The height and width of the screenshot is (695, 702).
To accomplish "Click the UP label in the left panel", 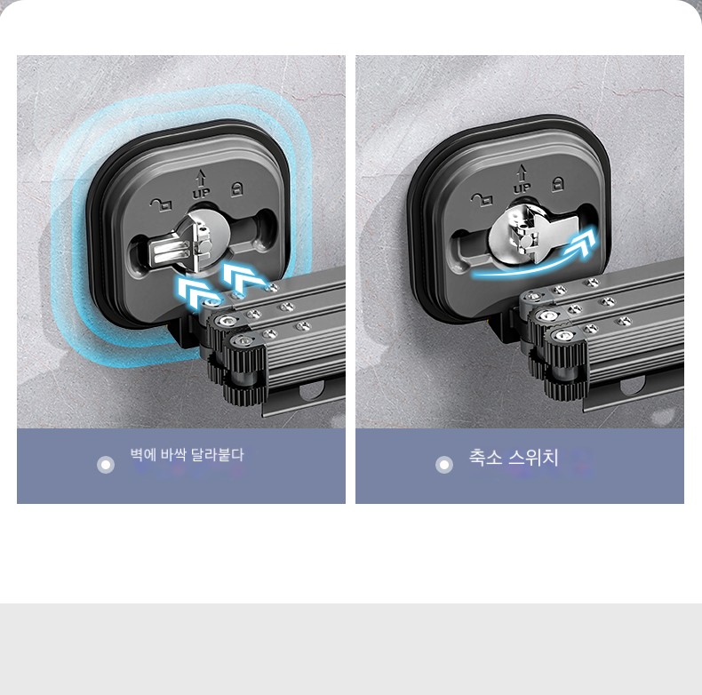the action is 201,193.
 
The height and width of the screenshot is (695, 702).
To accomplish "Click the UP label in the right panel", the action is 521,188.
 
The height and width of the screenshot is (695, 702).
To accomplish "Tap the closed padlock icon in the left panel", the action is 236,189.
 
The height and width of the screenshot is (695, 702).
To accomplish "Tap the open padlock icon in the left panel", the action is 161,204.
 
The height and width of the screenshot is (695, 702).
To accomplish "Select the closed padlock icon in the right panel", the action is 557,183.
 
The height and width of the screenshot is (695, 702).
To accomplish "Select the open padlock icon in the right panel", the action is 482,199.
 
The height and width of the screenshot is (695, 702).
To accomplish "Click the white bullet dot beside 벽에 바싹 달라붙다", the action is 106,465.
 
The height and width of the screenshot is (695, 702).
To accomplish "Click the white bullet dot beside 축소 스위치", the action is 444,465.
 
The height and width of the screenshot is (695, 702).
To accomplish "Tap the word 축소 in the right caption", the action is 486,458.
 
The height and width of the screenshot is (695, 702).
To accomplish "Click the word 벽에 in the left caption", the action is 143,455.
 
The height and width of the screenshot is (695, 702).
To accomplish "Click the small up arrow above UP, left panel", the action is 201,179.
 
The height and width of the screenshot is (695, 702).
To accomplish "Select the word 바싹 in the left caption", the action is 173,455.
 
